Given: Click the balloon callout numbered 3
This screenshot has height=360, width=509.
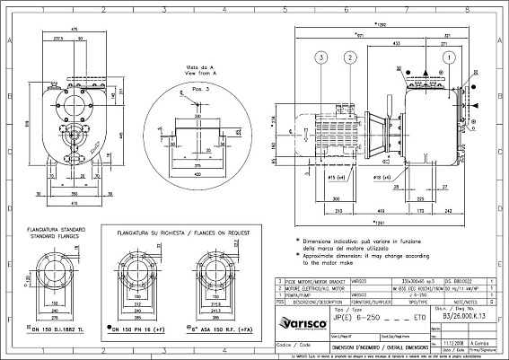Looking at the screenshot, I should point(320,57).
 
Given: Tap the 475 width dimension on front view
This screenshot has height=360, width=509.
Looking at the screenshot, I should point(74,30).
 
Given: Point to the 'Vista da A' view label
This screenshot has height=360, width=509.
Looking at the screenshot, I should point(199,68).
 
